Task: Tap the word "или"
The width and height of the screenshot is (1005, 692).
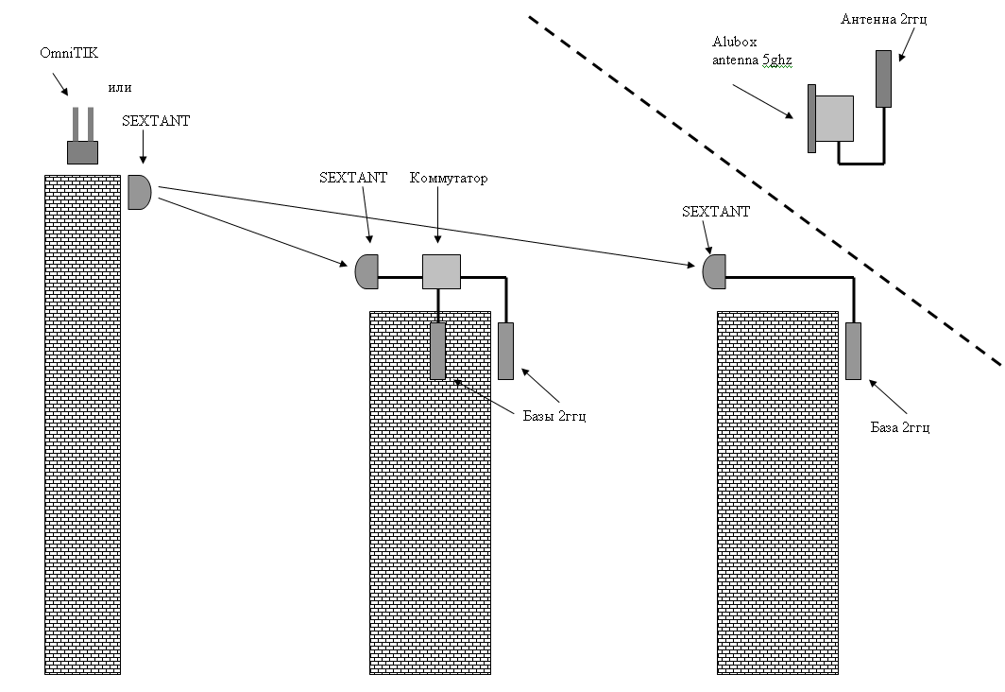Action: tap(120, 87)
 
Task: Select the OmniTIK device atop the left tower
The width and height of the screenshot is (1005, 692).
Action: tap(82, 142)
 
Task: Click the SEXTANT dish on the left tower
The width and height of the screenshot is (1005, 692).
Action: tap(139, 192)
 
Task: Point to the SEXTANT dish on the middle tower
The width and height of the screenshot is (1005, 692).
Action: tap(366, 272)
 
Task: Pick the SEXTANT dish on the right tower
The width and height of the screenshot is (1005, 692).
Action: tap(713, 272)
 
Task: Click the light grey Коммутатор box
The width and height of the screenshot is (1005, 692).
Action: tap(440, 272)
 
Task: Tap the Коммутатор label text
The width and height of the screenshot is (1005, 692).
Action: tap(449, 179)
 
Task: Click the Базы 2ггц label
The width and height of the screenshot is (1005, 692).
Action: tap(554, 416)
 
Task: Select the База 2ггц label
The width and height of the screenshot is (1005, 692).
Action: tap(900, 427)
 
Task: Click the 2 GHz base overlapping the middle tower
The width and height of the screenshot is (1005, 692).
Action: tap(437, 351)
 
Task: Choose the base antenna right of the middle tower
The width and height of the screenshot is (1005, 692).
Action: tap(505, 351)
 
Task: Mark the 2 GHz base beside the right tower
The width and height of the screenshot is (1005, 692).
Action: tap(854, 351)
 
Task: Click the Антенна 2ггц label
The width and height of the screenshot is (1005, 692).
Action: tap(884, 19)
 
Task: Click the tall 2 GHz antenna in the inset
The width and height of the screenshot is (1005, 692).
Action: tap(884, 78)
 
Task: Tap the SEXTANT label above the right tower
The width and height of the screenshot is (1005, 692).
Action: tap(715, 212)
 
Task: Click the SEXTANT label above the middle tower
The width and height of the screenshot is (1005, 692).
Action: tap(353, 178)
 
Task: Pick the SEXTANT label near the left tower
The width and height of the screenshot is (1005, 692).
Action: tap(156, 121)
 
